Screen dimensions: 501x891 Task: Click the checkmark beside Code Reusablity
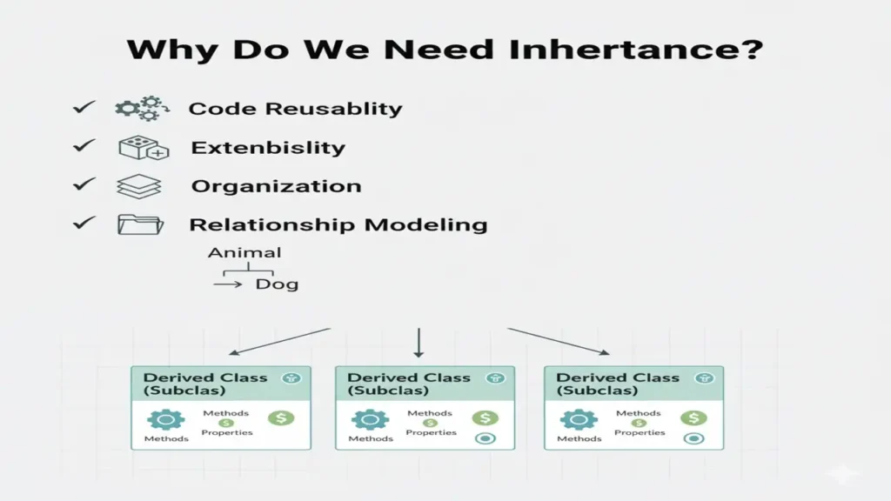84,108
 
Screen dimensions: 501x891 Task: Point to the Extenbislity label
268,148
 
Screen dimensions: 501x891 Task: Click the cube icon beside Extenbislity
138,148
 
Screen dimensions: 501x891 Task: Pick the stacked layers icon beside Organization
138,186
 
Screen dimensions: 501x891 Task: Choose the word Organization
276,186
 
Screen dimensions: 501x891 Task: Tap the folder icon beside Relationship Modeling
139,224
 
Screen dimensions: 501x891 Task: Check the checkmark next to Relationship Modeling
84,224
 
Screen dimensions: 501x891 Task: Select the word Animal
245,253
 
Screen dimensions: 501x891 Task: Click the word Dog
277,284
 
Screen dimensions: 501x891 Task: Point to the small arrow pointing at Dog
228,284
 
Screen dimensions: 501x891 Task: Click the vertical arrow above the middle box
419,343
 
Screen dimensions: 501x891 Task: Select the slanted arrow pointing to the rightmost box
559,341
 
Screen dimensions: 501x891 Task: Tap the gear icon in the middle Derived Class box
368,420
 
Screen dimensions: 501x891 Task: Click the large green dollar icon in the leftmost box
281,418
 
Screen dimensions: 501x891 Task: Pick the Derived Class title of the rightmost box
617,377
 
